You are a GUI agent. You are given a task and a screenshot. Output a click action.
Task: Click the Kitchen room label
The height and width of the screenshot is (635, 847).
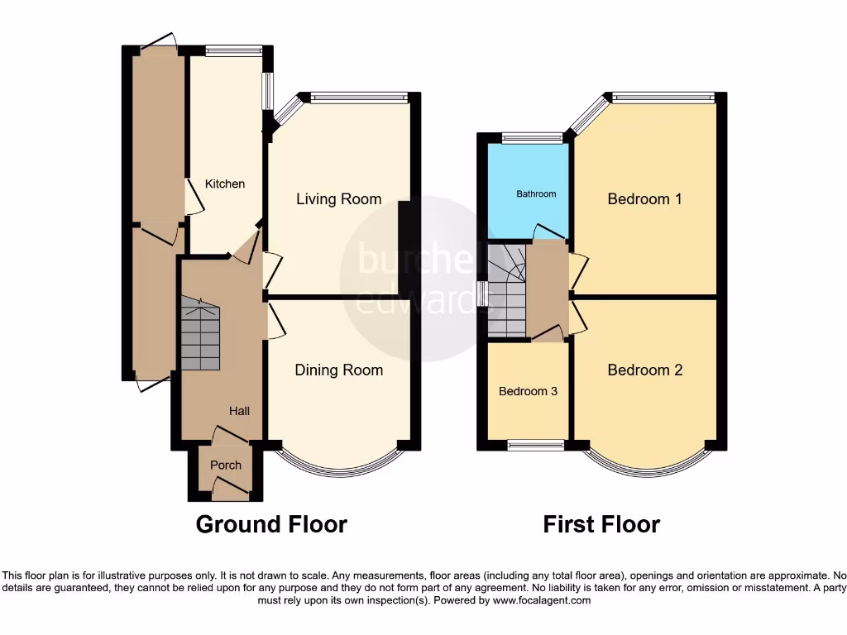tap(225, 184)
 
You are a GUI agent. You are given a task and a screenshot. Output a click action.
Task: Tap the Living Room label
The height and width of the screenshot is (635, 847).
tap(339, 199)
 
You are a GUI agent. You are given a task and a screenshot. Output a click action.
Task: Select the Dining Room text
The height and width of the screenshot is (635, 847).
tap(339, 370)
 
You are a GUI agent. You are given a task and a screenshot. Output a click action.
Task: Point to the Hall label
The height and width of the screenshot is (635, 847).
tap(240, 411)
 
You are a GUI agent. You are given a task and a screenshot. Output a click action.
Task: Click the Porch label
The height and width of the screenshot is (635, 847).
tap(226, 466)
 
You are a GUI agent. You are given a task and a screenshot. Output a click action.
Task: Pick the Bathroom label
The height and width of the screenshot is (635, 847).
tap(536, 193)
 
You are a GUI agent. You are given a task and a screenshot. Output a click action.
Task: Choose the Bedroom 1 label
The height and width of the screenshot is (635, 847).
tap(645, 199)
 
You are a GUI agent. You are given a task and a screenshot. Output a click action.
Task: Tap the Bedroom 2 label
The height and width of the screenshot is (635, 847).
tap(645, 370)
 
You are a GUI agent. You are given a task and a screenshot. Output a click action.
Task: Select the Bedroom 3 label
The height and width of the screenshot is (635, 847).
tap(528, 391)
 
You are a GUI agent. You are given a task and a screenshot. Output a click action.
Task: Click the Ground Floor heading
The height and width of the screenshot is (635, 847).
tap(271, 524)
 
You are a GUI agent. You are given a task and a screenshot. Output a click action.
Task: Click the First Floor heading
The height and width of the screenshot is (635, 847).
tap(601, 524)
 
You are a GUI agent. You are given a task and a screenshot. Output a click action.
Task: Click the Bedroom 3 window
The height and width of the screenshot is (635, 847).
tap(535, 446)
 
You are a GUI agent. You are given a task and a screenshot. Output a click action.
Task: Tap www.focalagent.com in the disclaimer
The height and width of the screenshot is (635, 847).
tap(541, 600)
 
